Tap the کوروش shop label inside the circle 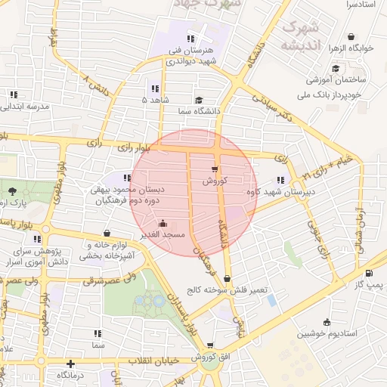[x=215, y=181]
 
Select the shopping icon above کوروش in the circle [x=215, y=169]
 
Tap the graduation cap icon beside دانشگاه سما [x=199, y=100]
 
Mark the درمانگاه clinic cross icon [x=70, y=364]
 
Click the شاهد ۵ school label [x=156, y=99]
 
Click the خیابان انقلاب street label [x=156, y=361]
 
